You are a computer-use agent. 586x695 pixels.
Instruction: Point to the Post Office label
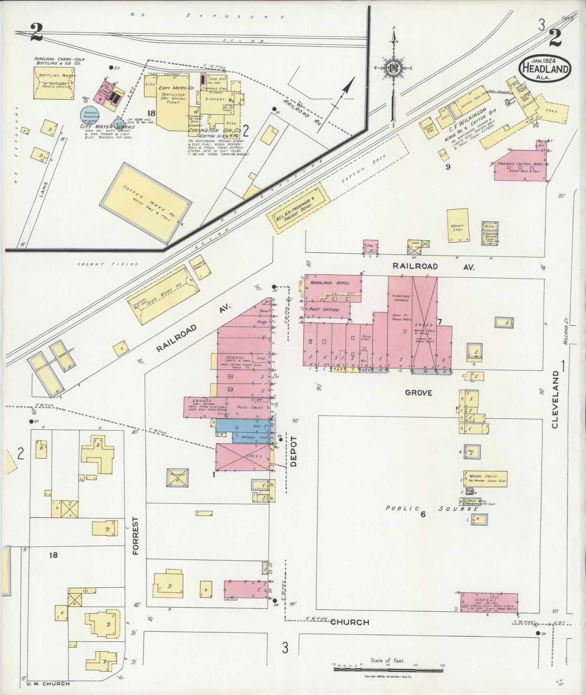324,309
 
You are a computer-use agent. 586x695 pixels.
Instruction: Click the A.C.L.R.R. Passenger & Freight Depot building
298,207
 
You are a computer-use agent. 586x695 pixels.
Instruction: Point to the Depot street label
294,452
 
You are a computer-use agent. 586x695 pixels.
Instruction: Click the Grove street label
418,393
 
